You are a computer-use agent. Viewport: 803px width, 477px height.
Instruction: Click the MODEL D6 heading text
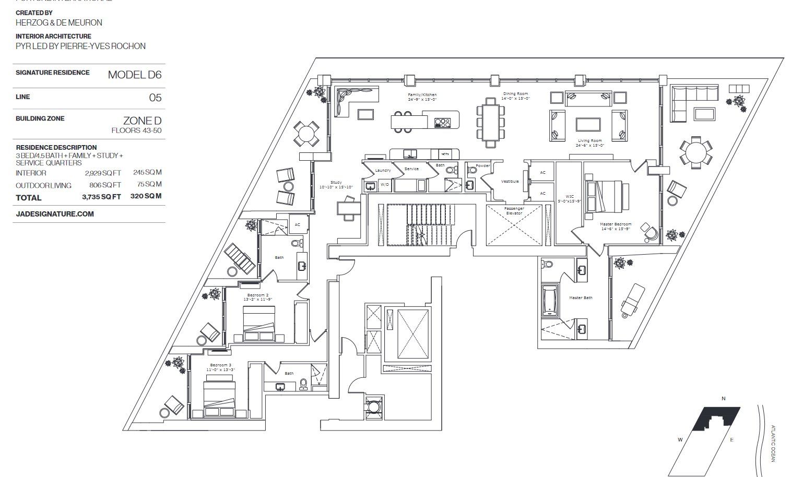pyautogui.click(x=134, y=75)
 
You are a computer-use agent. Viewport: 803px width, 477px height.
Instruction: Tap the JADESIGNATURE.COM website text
pyautogui.click(x=55, y=214)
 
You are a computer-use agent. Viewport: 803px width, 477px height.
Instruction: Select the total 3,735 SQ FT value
pyautogui.click(x=101, y=197)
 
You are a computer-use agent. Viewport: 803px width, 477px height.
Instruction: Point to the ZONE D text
pyautogui.click(x=142, y=121)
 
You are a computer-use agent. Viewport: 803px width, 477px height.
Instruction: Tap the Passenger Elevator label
pyautogui.click(x=514, y=211)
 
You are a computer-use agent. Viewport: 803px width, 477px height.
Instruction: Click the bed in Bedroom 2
pyautogui.click(x=259, y=324)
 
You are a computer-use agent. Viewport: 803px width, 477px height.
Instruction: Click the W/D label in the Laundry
pyautogui.click(x=384, y=185)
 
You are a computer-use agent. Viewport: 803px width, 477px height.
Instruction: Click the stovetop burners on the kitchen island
pyautogui.click(x=442, y=123)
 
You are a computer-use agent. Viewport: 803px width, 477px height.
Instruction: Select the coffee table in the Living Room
pyautogui.click(x=589, y=124)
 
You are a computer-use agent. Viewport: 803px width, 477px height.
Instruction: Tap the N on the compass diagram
pyautogui.click(x=723, y=399)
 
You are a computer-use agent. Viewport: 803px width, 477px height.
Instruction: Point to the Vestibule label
pyautogui.click(x=510, y=182)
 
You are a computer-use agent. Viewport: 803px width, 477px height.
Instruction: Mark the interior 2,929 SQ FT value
pyautogui.click(x=103, y=173)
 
